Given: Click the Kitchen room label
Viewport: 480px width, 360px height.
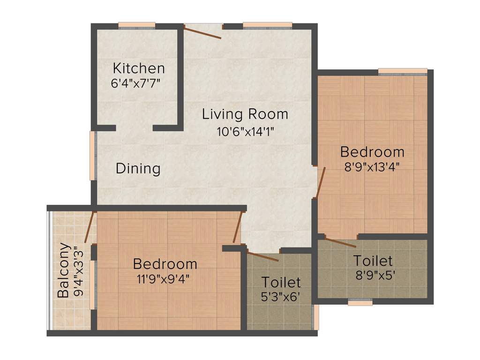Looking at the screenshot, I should tap(139, 68).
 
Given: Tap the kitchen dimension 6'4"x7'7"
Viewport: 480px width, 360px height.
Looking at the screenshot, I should tap(138, 84).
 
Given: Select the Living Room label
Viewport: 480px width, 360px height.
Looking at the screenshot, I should tap(245, 114).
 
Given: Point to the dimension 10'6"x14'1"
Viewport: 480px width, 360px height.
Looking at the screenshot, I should tap(245, 131).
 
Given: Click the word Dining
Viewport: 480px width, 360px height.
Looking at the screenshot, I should tap(138, 168).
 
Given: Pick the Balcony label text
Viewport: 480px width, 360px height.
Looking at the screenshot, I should tap(64, 270).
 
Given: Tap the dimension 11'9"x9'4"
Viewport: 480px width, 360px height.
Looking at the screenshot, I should tap(165, 279).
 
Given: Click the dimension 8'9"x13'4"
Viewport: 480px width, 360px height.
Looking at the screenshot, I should tap(372, 167).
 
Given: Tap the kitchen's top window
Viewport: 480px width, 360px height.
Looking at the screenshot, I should tap(136, 25).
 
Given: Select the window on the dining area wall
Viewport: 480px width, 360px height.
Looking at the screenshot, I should tap(93, 155).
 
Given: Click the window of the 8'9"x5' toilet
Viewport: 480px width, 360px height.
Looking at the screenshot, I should tap(360, 302).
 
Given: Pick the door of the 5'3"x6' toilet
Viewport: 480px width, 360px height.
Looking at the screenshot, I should tap(262, 256).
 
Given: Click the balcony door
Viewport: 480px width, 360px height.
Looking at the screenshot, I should tap(90, 227).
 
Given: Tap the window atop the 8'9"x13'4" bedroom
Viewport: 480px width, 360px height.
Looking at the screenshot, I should tap(403, 72).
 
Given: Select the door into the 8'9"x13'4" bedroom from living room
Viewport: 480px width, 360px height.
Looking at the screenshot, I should tap(320, 182).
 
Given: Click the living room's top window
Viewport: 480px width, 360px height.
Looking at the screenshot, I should tap(267, 25).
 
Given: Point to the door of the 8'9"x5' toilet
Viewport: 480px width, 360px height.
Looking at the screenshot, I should tap(340, 242).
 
